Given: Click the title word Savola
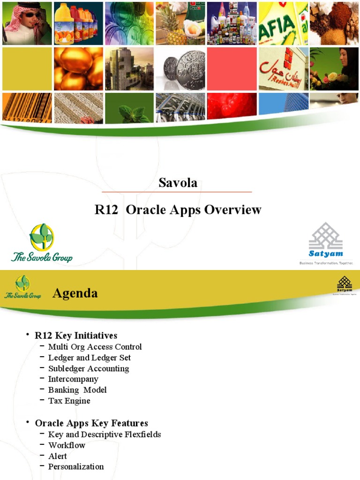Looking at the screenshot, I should tap(178, 183).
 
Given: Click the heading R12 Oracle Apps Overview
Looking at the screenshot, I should tap(178, 210).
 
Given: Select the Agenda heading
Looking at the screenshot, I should tap(75, 293).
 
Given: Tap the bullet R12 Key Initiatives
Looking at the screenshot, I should tap(76, 335).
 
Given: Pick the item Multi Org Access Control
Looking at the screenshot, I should tap(95, 347).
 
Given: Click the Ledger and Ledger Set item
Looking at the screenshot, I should tap(89, 358).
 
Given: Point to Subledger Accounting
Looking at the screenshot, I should tap(89, 368).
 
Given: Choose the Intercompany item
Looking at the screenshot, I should tap(73, 379).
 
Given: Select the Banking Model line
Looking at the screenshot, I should tap(77, 390).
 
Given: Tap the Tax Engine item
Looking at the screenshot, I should tap(69, 401).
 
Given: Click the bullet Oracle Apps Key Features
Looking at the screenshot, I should tap(91, 423).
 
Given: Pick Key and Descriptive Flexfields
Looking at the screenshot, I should tap(105, 435).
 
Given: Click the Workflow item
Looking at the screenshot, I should tap(67, 445).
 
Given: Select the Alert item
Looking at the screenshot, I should tap(58, 456).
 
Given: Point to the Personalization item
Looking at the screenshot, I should tap(76, 466).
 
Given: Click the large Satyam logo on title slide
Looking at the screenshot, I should tap(326, 244).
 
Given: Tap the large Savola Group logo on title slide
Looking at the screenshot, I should tap(42, 243).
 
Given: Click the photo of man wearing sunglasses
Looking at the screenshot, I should tap(27, 23).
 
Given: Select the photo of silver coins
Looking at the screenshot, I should tap(180, 69).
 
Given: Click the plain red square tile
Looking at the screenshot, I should tap(232, 69).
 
